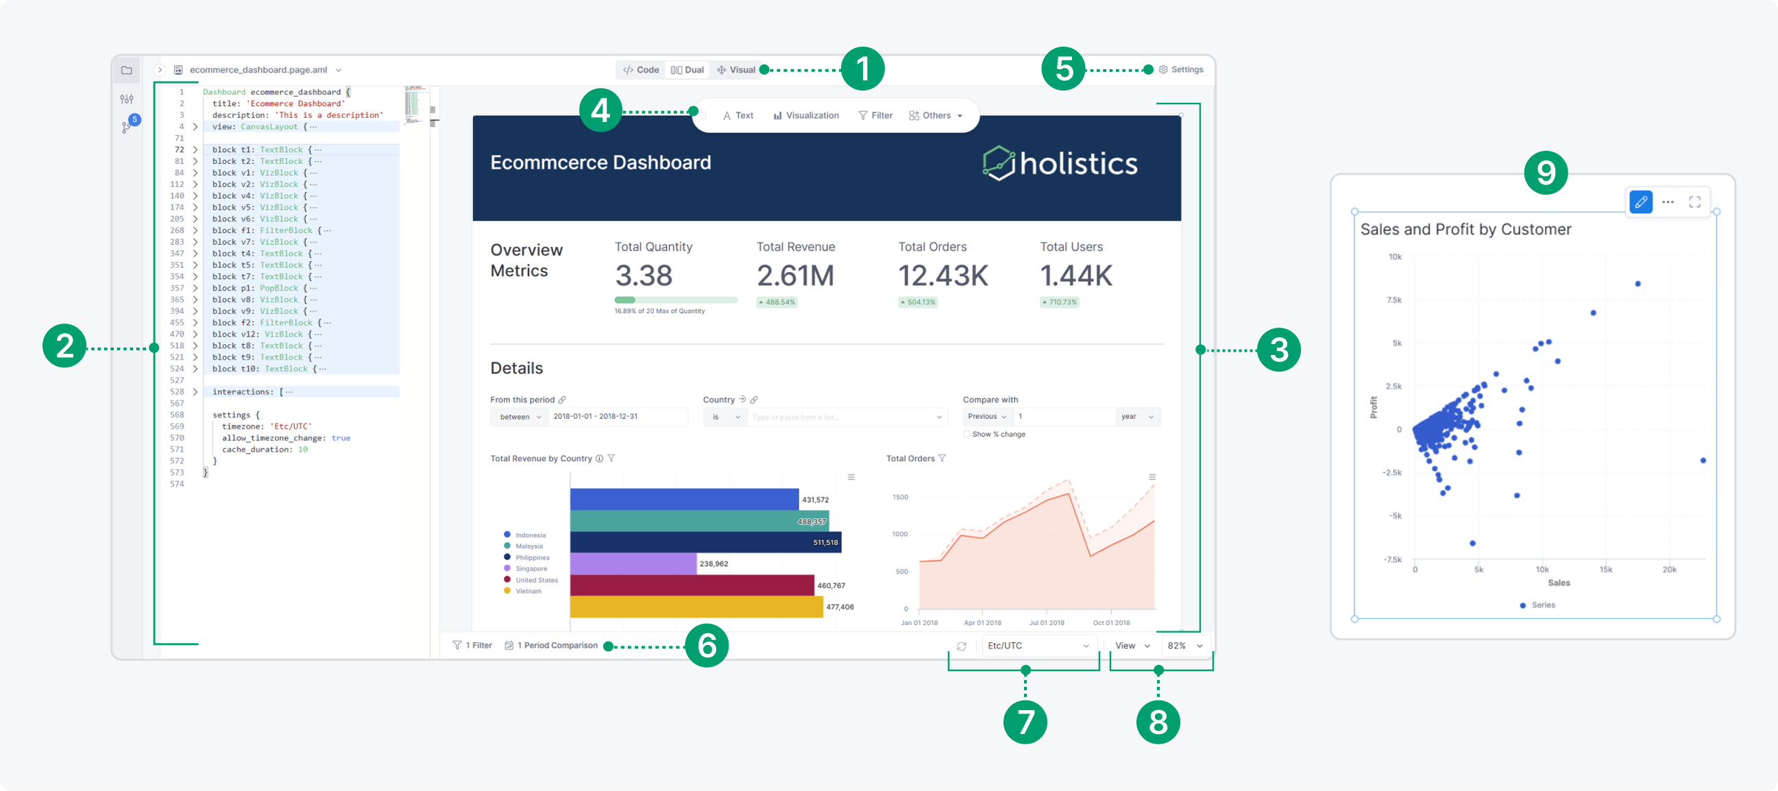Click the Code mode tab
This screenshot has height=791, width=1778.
(x=640, y=70)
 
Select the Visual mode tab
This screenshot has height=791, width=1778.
(x=736, y=70)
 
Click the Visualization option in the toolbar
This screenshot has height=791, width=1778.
(x=805, y=115)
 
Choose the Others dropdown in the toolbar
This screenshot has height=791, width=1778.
(x=935, y=115)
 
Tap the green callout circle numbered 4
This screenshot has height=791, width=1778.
(x=600, y=110)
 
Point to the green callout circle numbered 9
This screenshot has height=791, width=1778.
(x=1546, y=173)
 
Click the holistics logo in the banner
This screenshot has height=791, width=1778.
(x=1060, y=164)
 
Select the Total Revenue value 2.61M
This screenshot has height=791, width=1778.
(x=795, y=276)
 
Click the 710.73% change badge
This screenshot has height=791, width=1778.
(x=1060, y=302)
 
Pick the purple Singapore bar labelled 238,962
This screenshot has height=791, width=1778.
(x=633, y=563)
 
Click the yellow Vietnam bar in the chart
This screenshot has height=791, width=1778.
(x=696, y=607)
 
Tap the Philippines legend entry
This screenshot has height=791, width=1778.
(x=531, y=558)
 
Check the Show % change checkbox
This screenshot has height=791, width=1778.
(x=966, y=434)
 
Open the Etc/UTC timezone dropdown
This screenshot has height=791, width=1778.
(x=1038, y=646)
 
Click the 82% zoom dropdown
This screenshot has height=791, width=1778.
(x=1184, y=646)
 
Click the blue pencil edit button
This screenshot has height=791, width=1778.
(x=1641, y=202)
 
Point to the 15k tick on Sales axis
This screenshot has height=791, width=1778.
(x=1605, y=570)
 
